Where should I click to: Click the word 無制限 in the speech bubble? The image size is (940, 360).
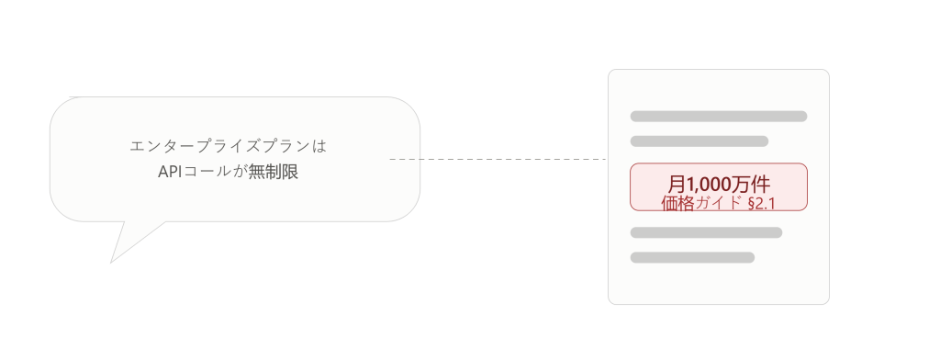click(x=274, y=173)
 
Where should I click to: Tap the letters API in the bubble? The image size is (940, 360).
click(x=170, y=173)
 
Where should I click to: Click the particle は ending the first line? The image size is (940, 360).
click(x=319, y=146)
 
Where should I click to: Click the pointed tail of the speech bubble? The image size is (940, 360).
click(x=111, y=263)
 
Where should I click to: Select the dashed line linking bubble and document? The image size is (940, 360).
click(x=498, y=159)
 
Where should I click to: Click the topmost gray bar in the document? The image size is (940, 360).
click(x=718, y=117)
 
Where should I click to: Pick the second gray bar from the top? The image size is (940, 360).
click(x=699, y=141)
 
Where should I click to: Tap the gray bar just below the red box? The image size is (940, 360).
click(x=706, y=232)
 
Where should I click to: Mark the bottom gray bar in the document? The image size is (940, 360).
click(x=692, y=257)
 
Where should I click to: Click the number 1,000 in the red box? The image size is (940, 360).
click(x=708, y=185)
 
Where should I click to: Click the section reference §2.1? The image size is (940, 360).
click(x=762, y=203)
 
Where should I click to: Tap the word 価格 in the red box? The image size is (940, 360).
click(x=677, y=203)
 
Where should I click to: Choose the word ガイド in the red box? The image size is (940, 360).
click(x=719, y=203)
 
